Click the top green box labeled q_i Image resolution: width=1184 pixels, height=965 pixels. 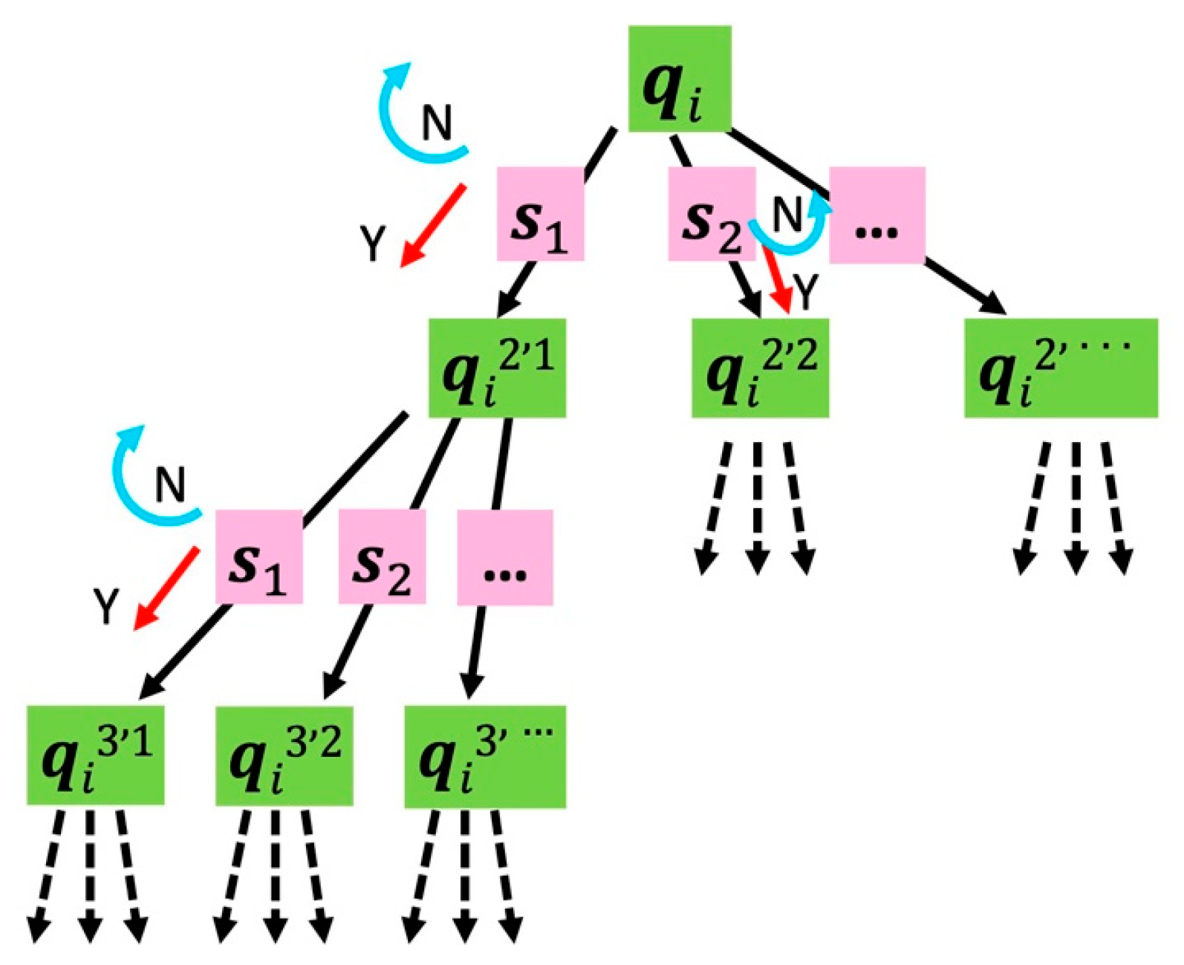coord(680,79)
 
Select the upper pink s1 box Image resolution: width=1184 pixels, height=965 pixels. coord(540,213)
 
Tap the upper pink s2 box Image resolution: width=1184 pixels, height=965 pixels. coord(711,213)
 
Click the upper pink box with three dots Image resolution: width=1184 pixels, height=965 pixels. coord(876,215)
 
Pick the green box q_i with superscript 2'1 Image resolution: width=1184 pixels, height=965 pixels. coord(497,368)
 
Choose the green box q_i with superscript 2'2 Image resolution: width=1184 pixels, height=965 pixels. coord(760,368)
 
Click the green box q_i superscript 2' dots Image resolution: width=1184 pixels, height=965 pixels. coord(1060,368)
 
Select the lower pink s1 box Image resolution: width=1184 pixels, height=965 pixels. coord(258,556)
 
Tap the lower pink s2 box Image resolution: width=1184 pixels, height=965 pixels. coord(382,556)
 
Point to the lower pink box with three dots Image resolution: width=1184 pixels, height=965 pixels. coord(504,557)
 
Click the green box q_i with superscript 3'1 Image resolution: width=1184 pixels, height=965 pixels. coord(95,755)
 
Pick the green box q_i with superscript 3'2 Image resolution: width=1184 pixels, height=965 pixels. coord(284,755)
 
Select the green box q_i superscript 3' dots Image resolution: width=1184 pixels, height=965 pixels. coord(484,756)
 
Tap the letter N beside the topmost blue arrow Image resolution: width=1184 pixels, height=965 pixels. coord(437,123)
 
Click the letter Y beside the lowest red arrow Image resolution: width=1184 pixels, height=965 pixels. coord(106,605)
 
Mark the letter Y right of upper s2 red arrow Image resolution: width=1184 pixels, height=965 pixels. coord(805,290)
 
